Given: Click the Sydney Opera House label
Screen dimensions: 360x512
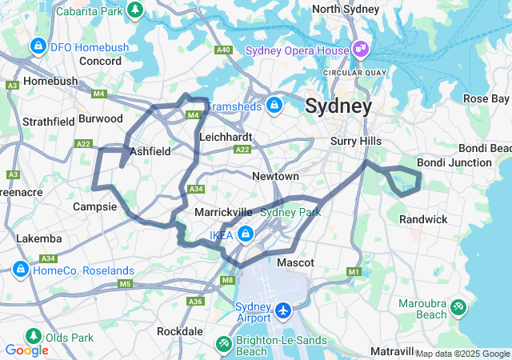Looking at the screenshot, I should (x=297, y=50).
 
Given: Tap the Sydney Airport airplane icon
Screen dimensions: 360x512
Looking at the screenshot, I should (x=283, y=309).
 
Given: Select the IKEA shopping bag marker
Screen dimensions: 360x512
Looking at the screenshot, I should (x=246, y=234).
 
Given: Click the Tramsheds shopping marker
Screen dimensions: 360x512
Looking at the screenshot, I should (x=274, y=105).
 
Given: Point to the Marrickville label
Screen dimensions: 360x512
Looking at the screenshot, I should (x=223, y=212).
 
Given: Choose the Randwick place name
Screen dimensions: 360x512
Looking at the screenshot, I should (x=423, y=219).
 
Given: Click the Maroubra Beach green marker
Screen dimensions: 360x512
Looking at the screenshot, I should (x=458, y=306).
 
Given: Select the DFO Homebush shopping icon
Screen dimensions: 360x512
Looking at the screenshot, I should (x=37, y=47).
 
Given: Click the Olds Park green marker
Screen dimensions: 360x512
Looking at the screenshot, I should (x=33, y=337).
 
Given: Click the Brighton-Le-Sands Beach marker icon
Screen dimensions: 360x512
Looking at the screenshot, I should (x=224, y=343).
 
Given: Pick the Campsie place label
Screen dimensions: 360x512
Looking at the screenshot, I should (x=94, y=206).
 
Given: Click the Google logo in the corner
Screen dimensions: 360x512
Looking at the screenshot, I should (x=26, y=350).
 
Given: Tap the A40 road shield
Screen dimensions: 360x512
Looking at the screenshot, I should (x=223, y=50).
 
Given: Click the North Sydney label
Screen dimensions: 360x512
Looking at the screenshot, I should (x=346, y=9).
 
